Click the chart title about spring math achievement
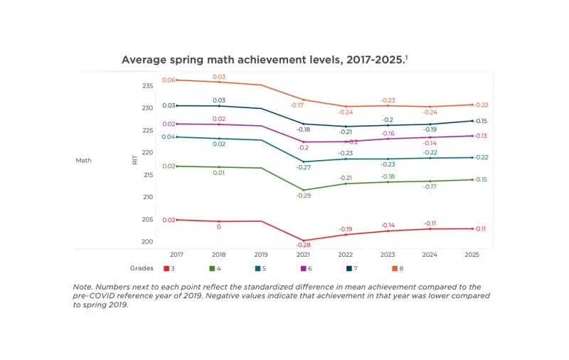pyautogui.click(x=264, y=60)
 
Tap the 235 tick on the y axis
pyautogui.click(x=147, y=86)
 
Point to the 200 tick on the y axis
pyautogui.click(x=147, y=242)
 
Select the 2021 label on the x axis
pyautogui.click(x=304, y=254)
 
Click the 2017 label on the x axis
pyautogui.click(x=176, y=254)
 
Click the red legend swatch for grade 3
pyautogui.click(x=166, y=269)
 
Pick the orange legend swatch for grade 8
pyautogui.click(x=395, y=269)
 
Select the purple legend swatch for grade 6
pyautogui.click(x=303, y=269)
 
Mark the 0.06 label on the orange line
pyautogui.click(x=169, y=80)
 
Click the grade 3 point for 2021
pyautogui.click(x=304, y=240)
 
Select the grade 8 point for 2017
pyautogui.click(x=177, y=80)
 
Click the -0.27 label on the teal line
pyautogui.click(x=304, y=167)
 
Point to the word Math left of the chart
pyautogui.click(x=84, y=160)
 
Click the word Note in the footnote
pyautogui.click(x=83, y=287)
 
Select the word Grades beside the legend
pyautogui.click(x=142, y=269)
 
